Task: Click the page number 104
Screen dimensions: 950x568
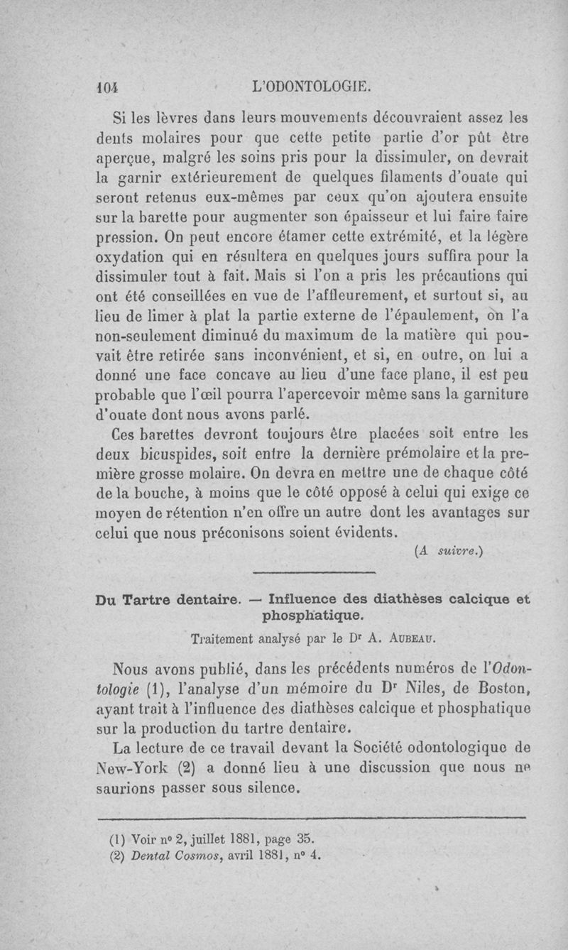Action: [106, 89]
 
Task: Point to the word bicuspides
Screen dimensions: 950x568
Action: [174, 452]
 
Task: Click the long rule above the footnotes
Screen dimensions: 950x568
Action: [313, 818]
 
